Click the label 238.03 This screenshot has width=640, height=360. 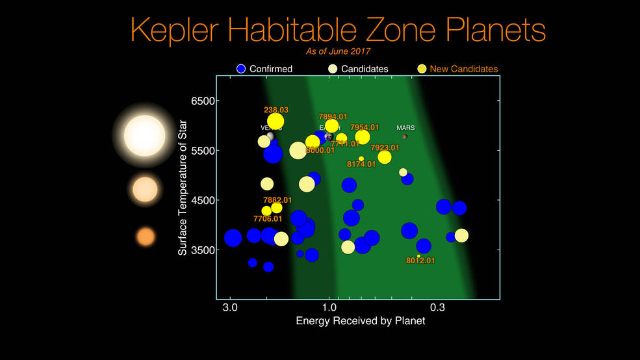276,110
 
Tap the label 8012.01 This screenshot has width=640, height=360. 420,261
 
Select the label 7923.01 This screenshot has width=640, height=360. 385,148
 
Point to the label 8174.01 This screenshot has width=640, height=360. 361,164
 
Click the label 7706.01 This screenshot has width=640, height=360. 268,219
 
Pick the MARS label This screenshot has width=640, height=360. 405,128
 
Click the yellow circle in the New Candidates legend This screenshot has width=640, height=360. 422,69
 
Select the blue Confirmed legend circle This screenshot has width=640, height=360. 241,69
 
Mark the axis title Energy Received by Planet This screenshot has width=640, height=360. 361,321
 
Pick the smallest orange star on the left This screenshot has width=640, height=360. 146,237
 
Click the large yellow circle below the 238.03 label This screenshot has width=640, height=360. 275,122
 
